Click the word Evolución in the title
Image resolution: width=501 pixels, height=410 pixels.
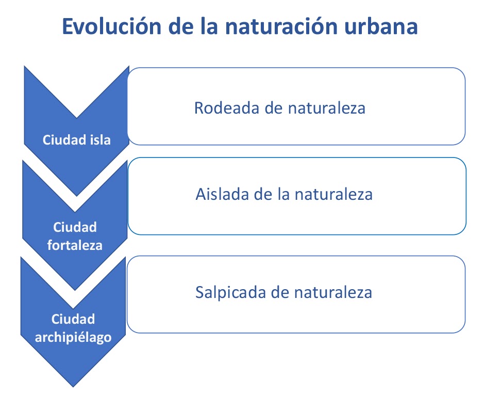[112, 26]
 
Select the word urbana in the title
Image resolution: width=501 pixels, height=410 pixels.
[381, 26]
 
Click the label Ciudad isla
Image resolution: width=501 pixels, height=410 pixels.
[77, 140]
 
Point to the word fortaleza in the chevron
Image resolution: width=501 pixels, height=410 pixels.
[75, 245]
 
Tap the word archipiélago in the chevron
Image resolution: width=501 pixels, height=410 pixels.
[73, 338]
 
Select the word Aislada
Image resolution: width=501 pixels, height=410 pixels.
[222, 194]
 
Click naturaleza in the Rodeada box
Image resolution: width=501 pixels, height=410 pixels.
[327, 108]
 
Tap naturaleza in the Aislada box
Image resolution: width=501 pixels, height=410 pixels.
[333, 194]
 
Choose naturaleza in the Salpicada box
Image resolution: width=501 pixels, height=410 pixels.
[333, 293]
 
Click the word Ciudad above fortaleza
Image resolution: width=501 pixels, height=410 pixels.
[75, 227]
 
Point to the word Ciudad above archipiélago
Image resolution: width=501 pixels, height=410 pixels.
[73, 319]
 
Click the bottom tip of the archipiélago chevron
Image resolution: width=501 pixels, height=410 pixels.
[73, 387]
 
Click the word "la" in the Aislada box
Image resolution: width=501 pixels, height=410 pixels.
[283, 194]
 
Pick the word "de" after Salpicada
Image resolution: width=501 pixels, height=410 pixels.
[280, 293]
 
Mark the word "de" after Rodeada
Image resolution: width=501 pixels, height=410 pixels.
[274, 108]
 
